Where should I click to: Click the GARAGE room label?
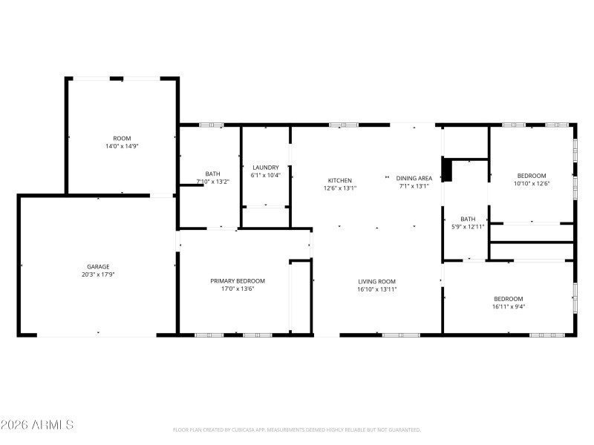click(99, 266)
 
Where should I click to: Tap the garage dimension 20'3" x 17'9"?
click(99, 274)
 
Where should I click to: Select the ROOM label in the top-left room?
click(122, 139)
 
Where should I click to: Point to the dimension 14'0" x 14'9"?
click(122, 147)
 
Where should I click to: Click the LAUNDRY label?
click(265, 167)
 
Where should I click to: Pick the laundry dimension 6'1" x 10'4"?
click(265, 175)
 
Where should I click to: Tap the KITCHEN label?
click(340, 180)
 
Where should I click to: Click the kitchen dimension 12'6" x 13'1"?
click(340, 188)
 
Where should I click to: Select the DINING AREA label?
click(414, 178)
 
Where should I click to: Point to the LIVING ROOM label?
click(377, 281)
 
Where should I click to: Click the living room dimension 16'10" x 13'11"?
click(377, 289)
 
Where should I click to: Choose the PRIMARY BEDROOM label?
click(238, 281)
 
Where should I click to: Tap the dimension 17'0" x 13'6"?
click(238, 289)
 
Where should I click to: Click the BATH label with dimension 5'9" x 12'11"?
click(468, 219)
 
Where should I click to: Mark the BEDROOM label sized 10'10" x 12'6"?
click(532, 176)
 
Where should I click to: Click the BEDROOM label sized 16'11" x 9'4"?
click(509, 298)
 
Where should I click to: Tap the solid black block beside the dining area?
click(446, 170)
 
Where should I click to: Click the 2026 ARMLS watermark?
click(37, 425)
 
